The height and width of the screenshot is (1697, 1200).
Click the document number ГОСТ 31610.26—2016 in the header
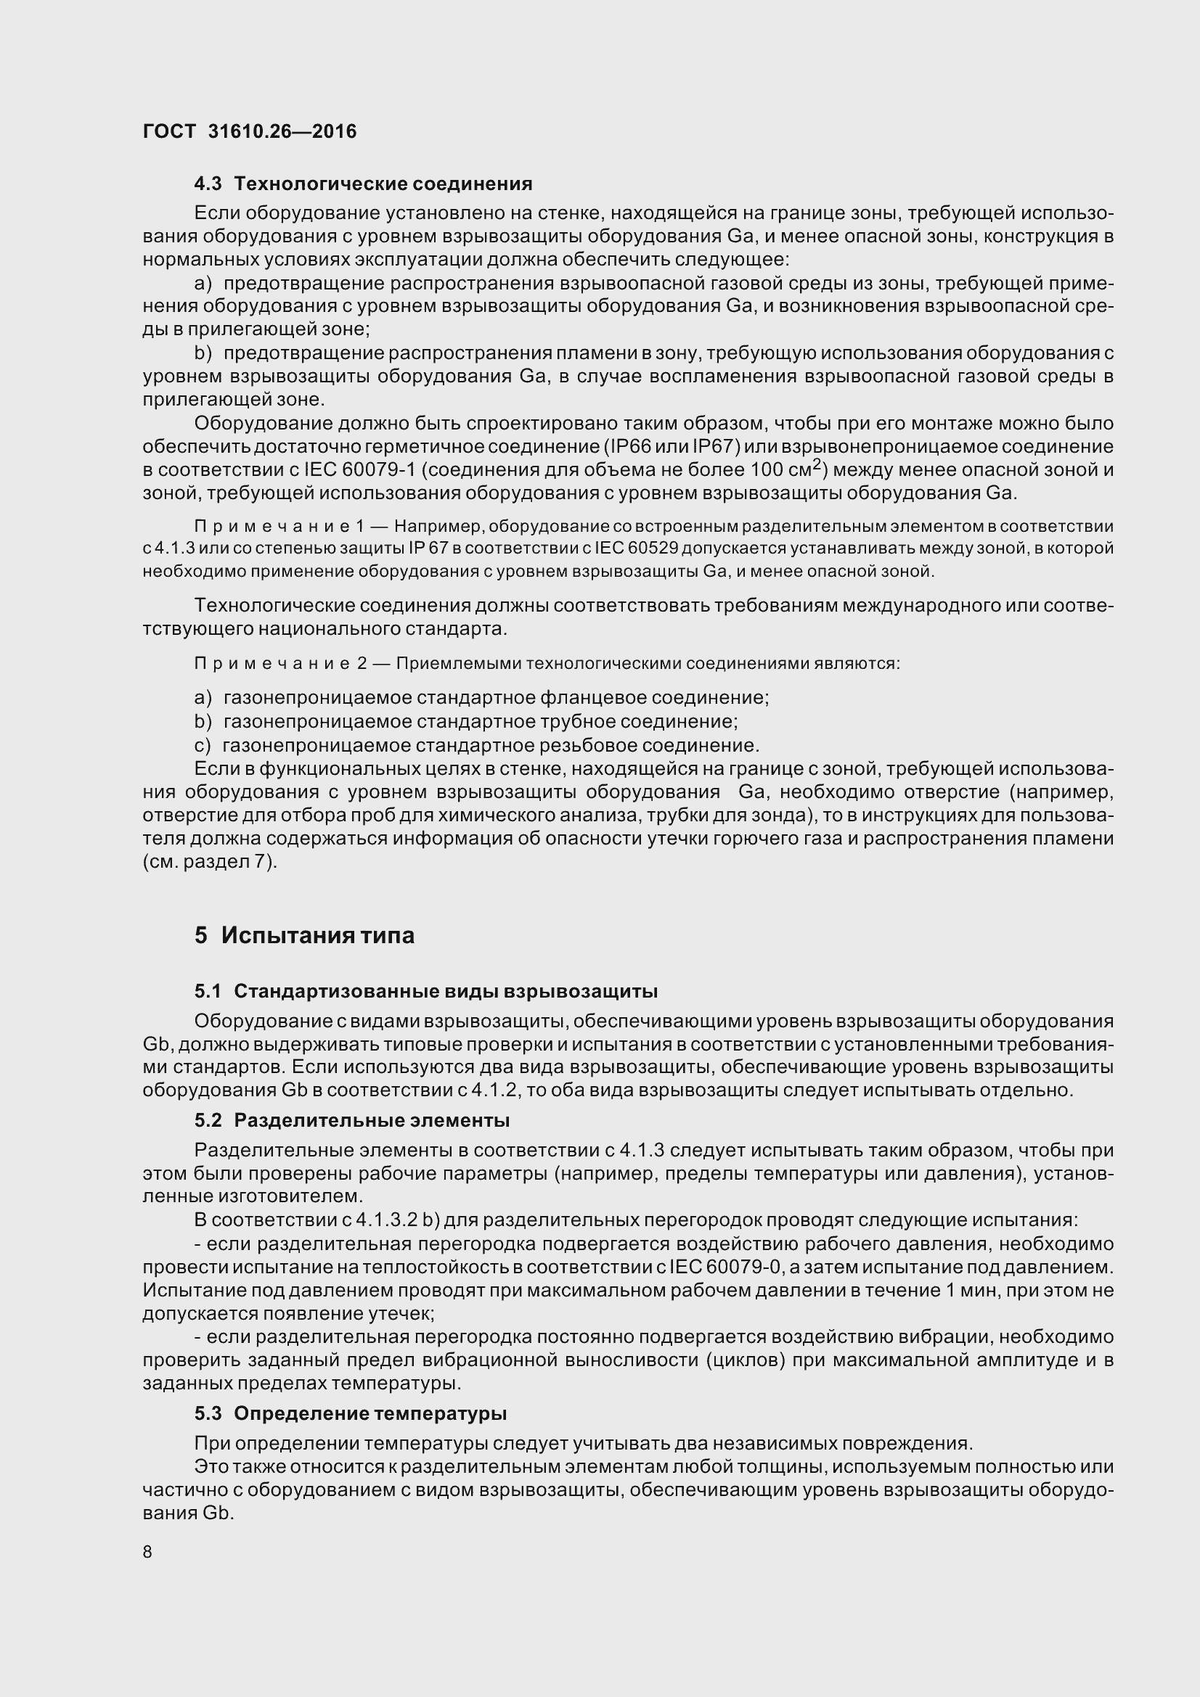(249, 131)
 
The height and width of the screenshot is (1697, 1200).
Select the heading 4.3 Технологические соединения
(363, 184)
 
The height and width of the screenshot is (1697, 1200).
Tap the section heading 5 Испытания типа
(304, 935)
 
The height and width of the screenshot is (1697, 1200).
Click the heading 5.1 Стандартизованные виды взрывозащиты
(426, 990)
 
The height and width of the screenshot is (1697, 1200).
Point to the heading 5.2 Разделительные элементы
(352, 1120)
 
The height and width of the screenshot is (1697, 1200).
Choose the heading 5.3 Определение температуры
(351, 1413)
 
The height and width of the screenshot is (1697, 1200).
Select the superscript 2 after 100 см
(816, 464)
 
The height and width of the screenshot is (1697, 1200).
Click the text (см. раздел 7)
(210, 862)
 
